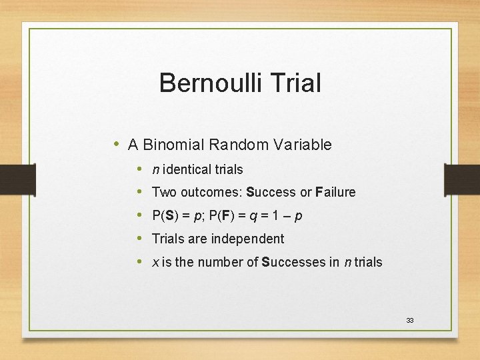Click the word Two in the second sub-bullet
click(163, 192)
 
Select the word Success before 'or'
click(271, 192)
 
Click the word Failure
click(337, 192)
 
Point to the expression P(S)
click(166, 215)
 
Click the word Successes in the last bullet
click(293, 262)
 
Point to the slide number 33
click(410, 321)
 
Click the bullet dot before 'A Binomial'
click(117, 144)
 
